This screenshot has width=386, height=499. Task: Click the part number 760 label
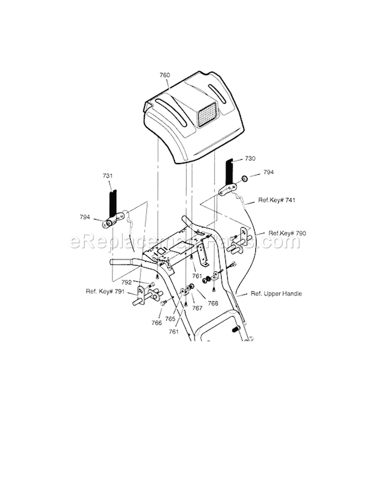[x=165, y=75]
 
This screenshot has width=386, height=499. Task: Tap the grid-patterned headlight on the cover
[x=208, y=114]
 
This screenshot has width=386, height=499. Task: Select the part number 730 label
[x=250, y=159]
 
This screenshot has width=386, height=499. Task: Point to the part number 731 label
[x=107, y=176]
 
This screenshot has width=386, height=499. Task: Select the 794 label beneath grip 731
[x=84, y=217]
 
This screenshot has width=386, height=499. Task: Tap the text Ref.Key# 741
[x=277, y=200]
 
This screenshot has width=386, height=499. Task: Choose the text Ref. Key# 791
[x=105, y=292]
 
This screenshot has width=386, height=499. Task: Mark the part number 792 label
[x=126, y=282]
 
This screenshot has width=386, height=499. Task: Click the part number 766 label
[x=156, y=323]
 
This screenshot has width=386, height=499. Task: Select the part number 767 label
[x=198, y=308]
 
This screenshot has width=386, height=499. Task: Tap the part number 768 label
[x=213, y=303]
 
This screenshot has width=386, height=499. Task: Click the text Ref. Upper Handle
[x=276, y=294]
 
